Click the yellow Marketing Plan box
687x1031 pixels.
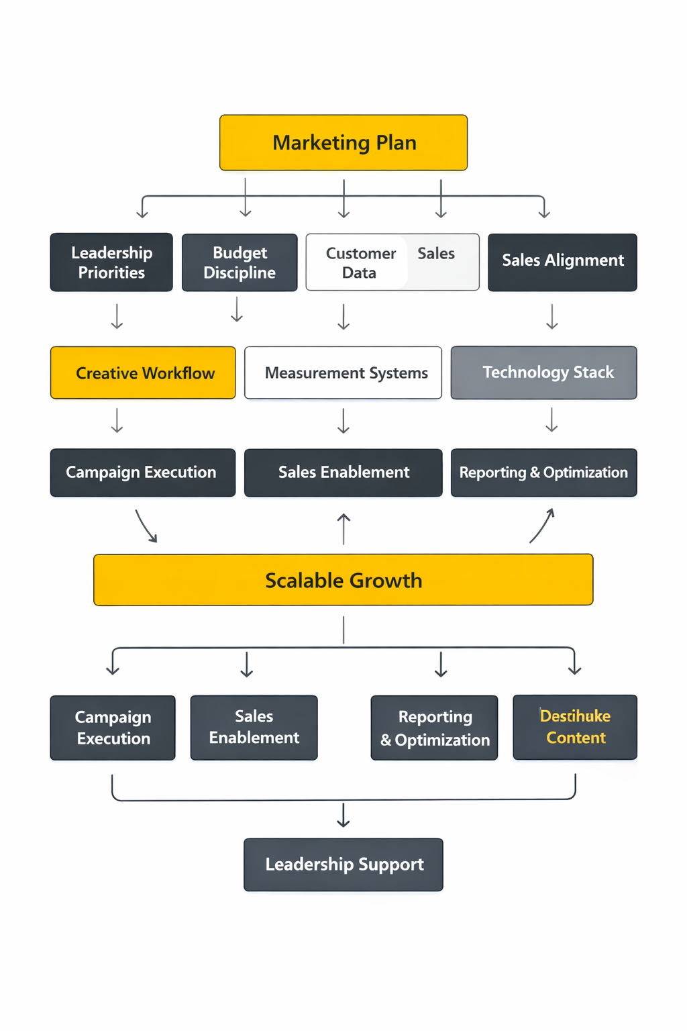[x=343, y=142]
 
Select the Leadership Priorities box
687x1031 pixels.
[x=111, y=262]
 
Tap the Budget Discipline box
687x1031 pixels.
[x=240, y=262]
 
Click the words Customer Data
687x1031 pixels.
[x=360, y=262]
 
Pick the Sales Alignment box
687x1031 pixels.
[x=562, y=262]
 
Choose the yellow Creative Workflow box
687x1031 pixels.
[x=143, y=373]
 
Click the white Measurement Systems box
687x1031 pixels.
[x=343, y=373]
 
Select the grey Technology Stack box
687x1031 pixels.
[x=544, y=373]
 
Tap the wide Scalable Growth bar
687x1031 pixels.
[x=343, y=580]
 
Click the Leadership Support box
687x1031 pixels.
[x=343, y=865]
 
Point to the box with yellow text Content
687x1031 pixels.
[x=575, y=728]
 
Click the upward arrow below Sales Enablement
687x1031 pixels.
[x=343, y=528]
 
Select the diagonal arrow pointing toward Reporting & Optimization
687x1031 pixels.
[x=542, y=526]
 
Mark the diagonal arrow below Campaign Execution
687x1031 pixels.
[x=146, y=526]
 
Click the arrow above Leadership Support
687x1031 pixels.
[x=343, y=815]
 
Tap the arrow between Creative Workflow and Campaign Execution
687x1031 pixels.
[x=117, y=420]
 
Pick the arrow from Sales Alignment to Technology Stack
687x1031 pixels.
[x=552, y=316]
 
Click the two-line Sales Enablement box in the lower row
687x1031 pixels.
[x=254, y=728]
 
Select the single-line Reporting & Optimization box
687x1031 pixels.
[x=544, y=473]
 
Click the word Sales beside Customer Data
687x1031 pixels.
[x=436, y=253]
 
